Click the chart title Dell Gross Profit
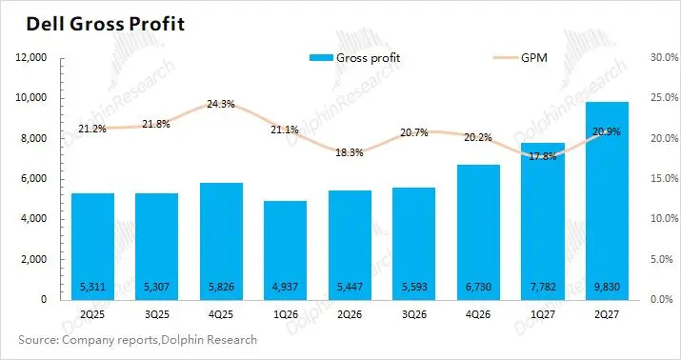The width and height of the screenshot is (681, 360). click(106, 24)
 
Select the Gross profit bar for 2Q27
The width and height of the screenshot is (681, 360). click(607, 201)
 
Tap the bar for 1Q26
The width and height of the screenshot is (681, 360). click(285, 250)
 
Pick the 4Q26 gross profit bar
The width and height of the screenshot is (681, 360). click(478, 232)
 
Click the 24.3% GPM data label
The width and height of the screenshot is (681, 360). click(221, 104)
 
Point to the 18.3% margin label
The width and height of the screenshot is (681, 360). click(350, 153)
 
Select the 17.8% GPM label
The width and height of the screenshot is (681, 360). click(543, 156)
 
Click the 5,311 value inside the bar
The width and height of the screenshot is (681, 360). click(92, 287)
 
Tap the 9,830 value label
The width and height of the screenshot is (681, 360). click(607, 287)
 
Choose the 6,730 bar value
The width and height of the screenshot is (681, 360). click(478, 287)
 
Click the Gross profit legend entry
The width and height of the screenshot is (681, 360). click(355, 58)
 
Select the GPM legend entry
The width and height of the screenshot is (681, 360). click(520, 58)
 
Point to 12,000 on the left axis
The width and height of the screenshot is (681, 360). click(30, 57)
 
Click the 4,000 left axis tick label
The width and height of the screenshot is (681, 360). click(33, 219)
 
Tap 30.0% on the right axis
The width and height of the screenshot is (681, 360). click(664, 57)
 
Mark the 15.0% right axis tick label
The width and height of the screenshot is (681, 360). click(664, 178)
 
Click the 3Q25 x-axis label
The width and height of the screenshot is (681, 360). click(157, 314)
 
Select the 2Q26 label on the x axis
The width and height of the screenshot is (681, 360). click(350, 314)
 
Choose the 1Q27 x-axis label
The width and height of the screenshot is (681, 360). click(543, 314)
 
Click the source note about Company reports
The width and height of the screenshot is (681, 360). click(138, 340)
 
